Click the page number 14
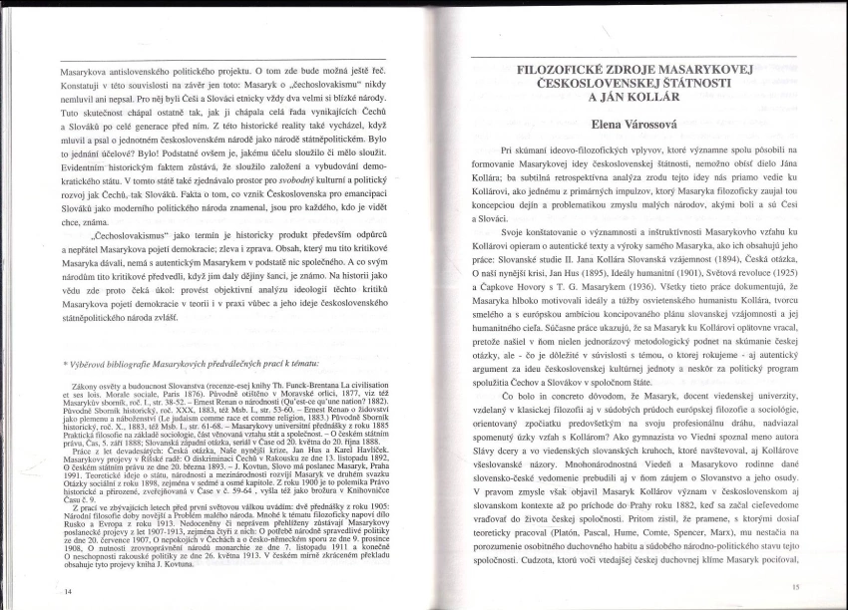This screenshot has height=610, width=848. (x=68, y=591)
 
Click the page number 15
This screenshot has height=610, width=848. (x=795, y=588)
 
